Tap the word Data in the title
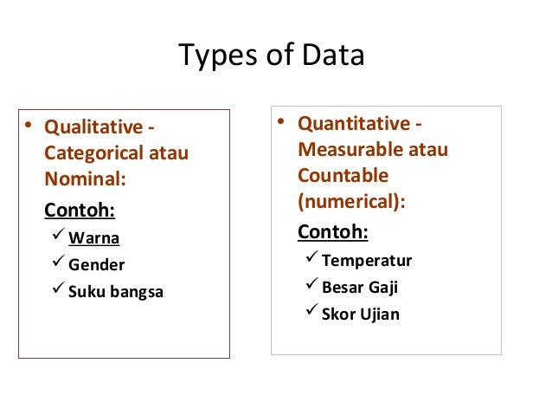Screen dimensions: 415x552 point(335,56)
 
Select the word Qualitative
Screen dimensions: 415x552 point(93,128)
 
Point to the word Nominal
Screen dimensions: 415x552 point(84,180)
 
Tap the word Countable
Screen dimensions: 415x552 point(343,175)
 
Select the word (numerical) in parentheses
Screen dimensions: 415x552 point(350,201)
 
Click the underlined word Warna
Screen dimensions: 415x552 point(94,238)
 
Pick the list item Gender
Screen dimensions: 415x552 point(97,265)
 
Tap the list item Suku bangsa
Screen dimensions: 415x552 point(116,291)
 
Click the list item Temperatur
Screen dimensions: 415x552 point(367,261)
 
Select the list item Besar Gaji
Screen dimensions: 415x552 point(360,288)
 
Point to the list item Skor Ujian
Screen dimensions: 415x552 point(361,314)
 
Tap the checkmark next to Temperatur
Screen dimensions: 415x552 point(311,259)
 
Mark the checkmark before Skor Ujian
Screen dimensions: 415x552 point(311,312)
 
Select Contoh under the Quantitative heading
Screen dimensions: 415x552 point(333,232)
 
